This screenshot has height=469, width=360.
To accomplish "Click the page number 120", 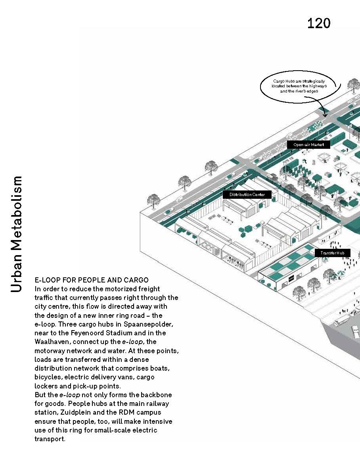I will (x=318, y=23).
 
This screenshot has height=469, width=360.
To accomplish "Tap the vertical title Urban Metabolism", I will (x=17, y=234).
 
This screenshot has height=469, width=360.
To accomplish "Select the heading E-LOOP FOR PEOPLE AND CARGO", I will (x=92, y=280).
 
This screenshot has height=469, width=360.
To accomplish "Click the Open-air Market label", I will (x=308, y=145).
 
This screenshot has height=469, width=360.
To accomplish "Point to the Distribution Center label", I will (x=247, y=194).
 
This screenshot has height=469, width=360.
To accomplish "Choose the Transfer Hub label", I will (x=332, y=253).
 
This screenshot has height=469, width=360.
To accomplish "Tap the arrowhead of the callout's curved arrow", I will (x=325, y=115).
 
